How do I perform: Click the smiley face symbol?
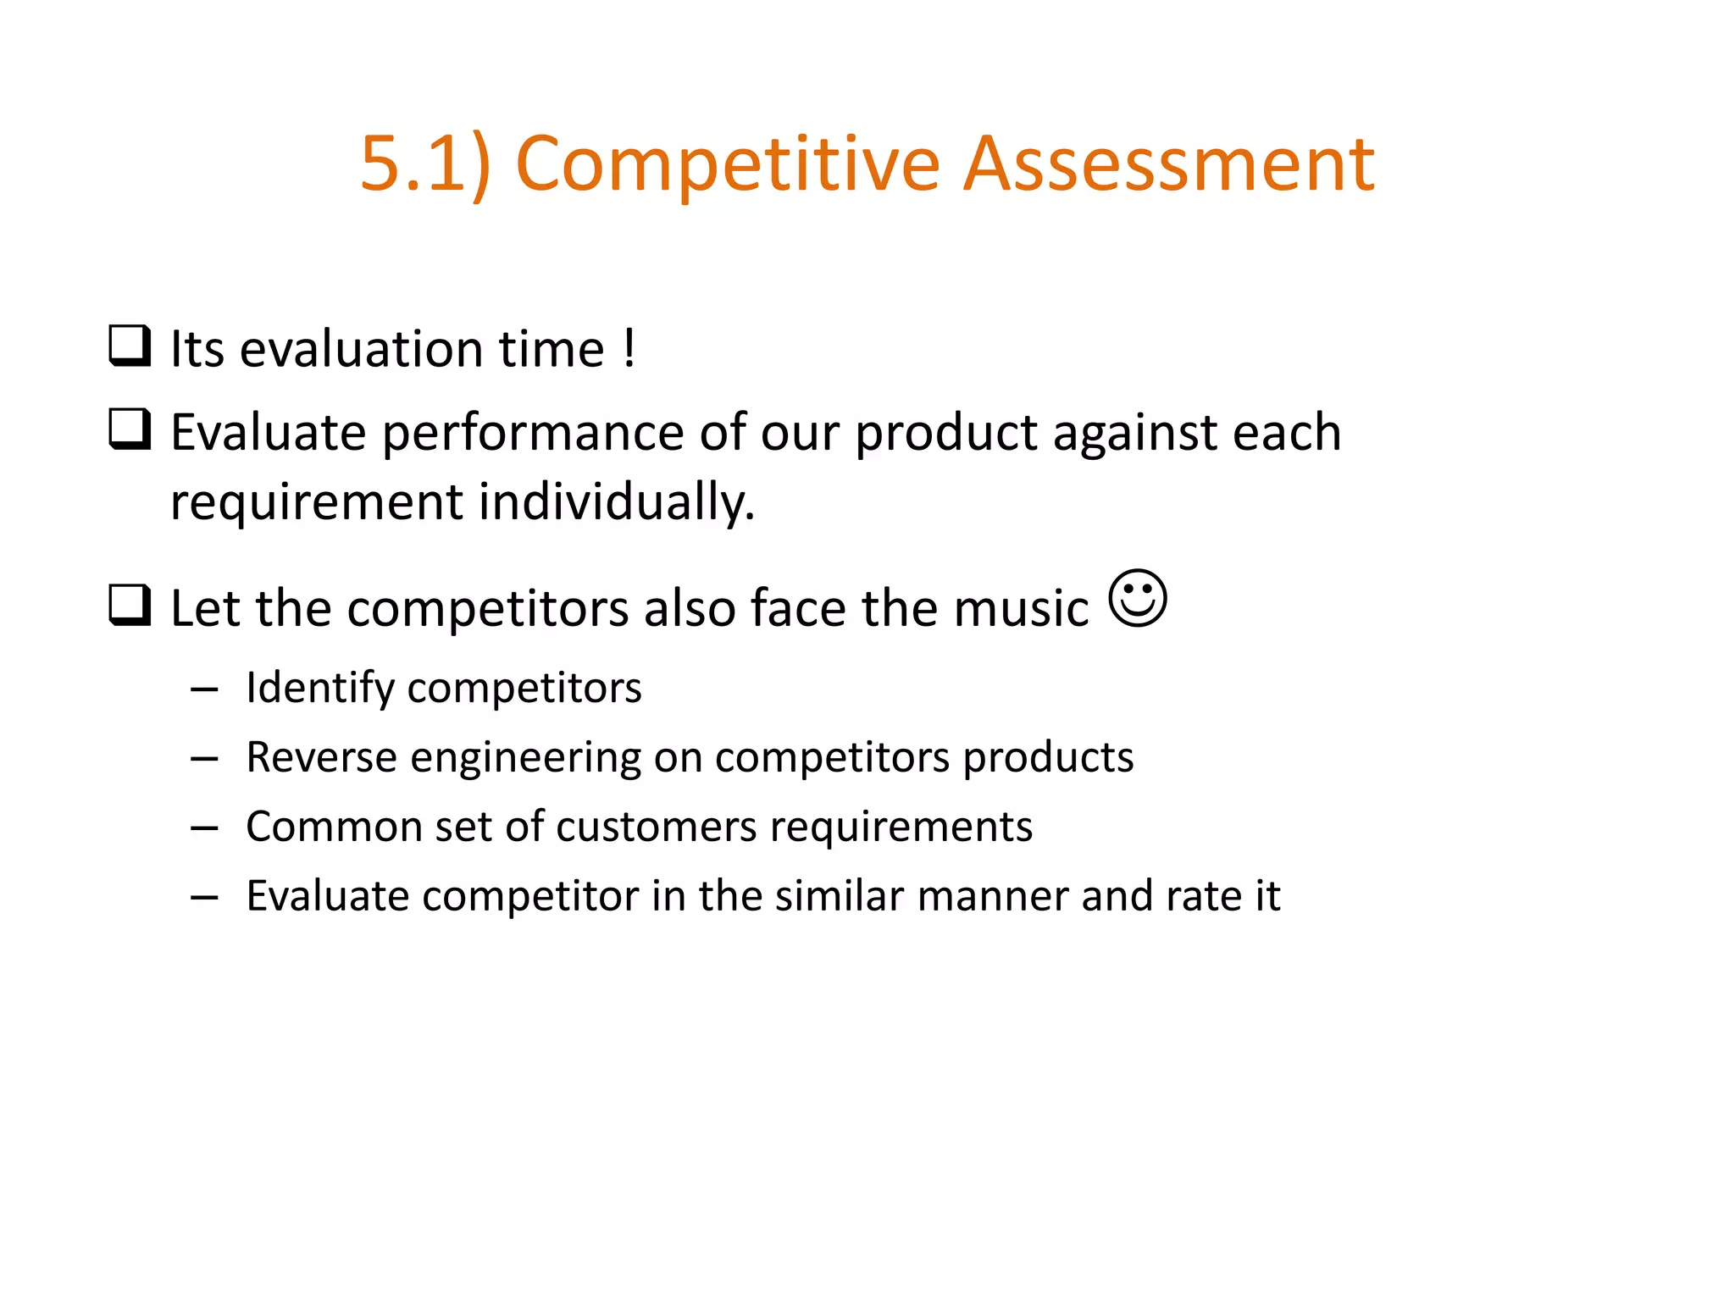click(x=1138, y=598)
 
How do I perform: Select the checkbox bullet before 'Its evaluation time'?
click(x=130, y=346)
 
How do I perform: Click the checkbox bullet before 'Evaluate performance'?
click(x=130, y=429)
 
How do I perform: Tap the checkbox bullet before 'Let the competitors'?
click(x=130, y=606)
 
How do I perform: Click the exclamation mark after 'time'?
click(x=629, y=348)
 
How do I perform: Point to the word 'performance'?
click(x=533, y=433)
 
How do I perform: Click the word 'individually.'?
click(x=617, y=501)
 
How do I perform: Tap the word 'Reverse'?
click(x=321, y=756)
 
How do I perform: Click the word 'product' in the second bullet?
click(x=945, y=433)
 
